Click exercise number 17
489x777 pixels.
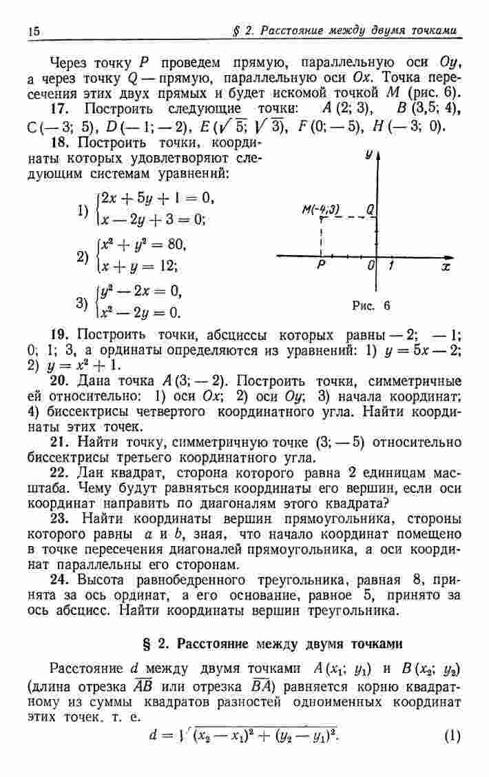[x=61, y=109]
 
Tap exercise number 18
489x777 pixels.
[x=61, y=143]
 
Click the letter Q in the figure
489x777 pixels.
[x=371, y=209]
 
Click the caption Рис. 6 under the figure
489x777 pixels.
[x=371, y=305]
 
